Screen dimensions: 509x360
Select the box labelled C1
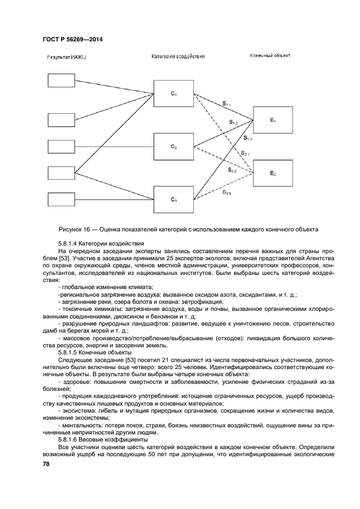click(x=174, y=94)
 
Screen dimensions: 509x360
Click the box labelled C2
click(x=174, y=147)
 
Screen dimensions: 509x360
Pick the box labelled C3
click(x=174, y=199)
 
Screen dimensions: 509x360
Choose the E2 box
click(x=273, y=173)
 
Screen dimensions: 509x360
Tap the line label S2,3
click(x=227, y=192)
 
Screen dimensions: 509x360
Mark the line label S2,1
click(x=245, y=154)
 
